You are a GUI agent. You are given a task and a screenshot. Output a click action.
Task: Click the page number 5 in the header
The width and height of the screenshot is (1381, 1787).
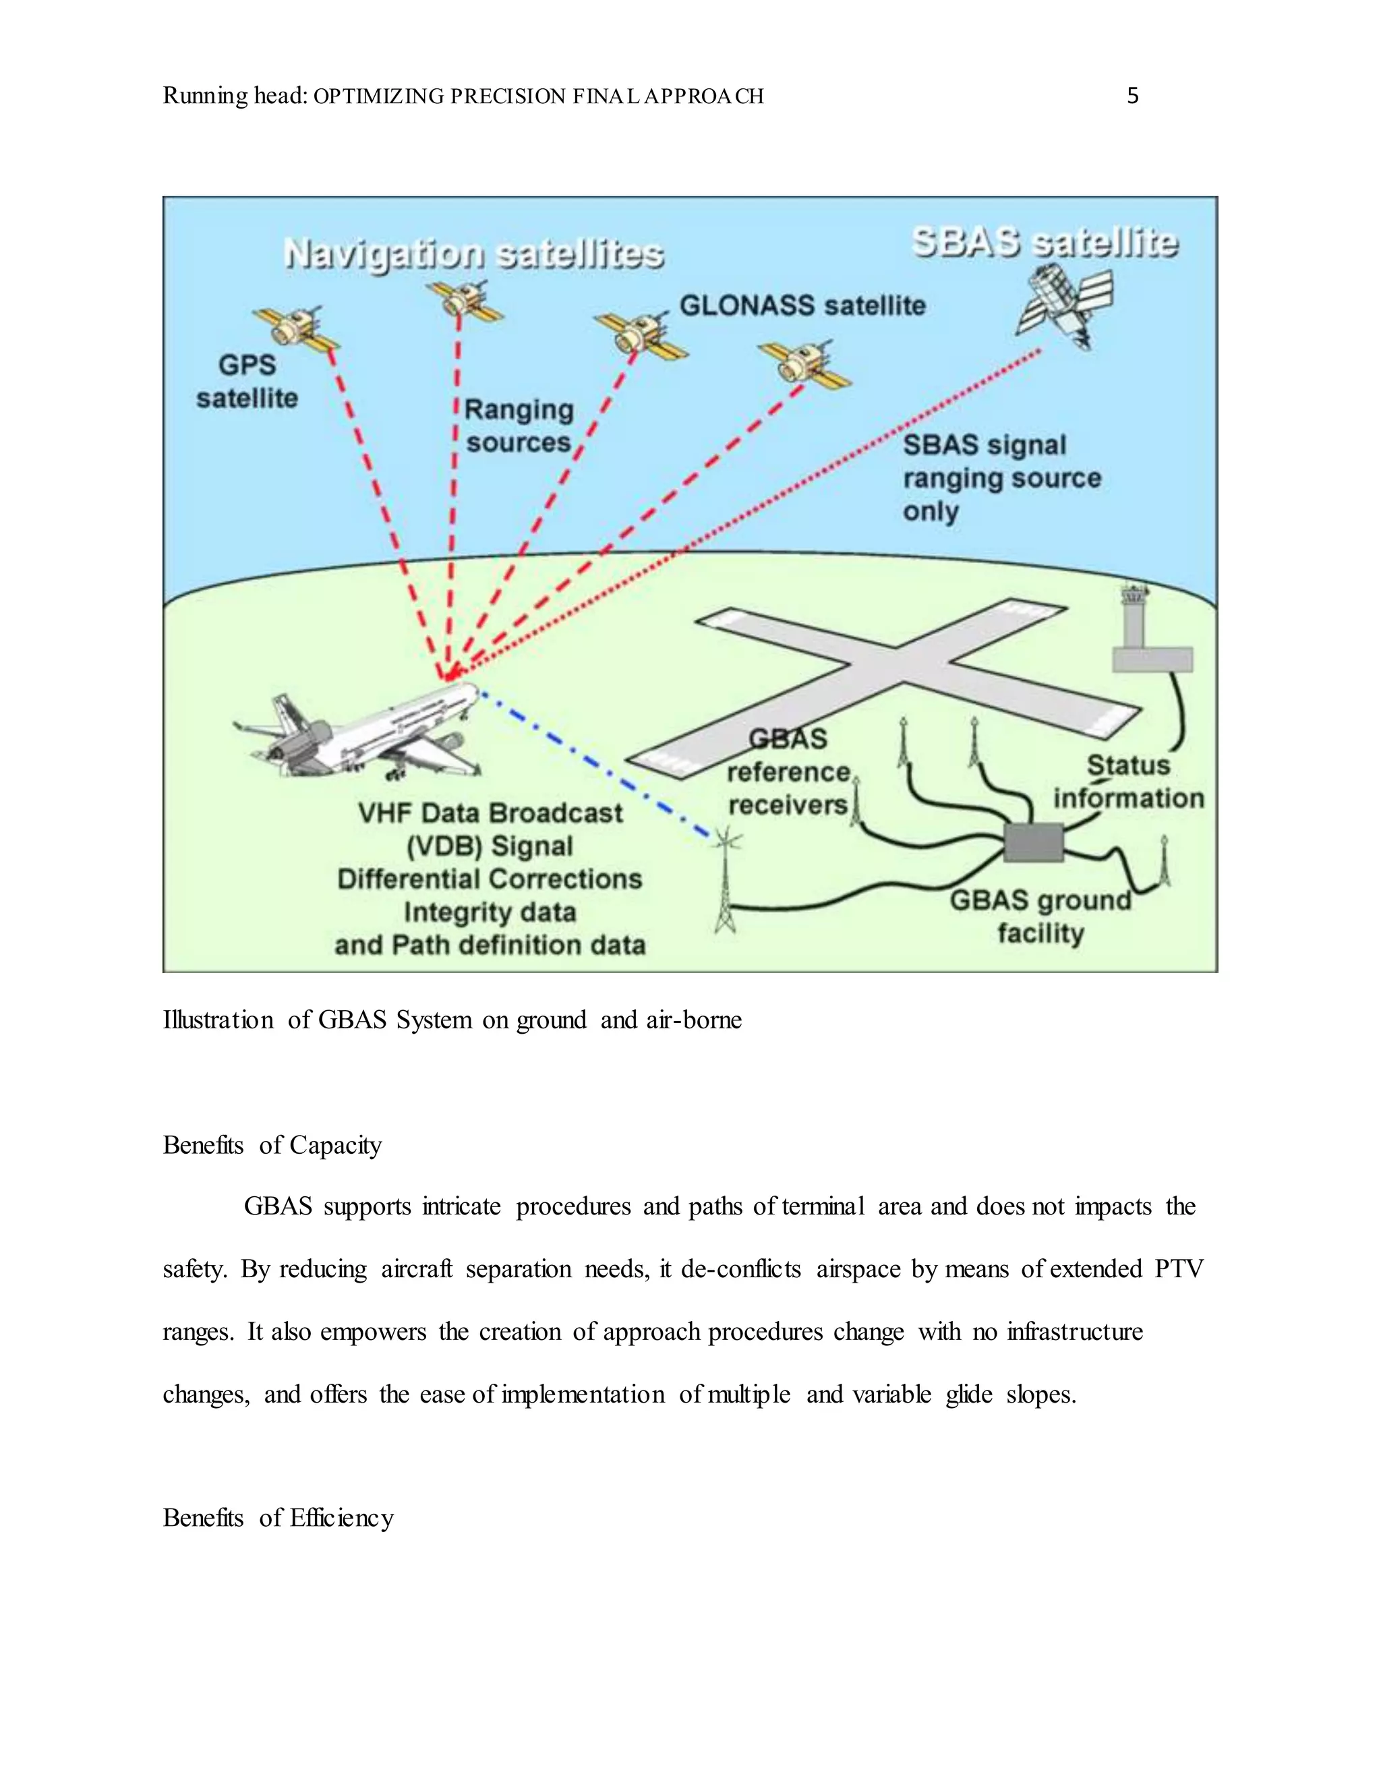pyautogui.click(x=1132, y=96)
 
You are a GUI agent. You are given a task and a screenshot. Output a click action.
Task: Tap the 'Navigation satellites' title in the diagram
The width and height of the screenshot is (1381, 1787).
pyautogui.click(x=473, y=254)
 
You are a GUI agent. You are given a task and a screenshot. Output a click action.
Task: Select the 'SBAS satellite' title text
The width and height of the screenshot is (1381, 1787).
pyautogui.click(x=1045, y=243)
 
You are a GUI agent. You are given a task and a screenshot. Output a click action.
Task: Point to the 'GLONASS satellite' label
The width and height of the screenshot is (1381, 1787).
pyautogui.click(x=802, y=306)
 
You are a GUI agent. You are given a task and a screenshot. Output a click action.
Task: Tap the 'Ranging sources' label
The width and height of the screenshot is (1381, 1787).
pyautogui.click(x=519, y=426)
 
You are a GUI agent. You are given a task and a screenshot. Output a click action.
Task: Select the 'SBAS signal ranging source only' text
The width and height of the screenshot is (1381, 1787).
pyautogui.click(x=1001, y=478)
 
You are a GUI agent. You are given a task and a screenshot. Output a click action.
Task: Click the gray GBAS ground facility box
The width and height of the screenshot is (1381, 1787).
pyautogui.click(x=1033, y=843)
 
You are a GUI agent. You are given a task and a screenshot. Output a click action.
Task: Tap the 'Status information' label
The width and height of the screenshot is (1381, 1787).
pyautogui.click(x=1128, y=782)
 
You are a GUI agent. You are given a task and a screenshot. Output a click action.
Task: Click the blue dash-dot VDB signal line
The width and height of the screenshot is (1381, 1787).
pyautogui.click(x=597, y=765)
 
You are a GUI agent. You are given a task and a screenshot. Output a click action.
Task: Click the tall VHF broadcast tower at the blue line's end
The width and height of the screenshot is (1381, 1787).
pyautogui.click(x=725, y=883)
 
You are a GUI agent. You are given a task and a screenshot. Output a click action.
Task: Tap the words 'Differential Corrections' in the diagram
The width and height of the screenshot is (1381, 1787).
pyautogui.click(x=490, y=879)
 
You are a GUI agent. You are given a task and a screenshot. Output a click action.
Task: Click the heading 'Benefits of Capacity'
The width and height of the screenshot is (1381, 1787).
pyautogui.click(x=272, y=1145)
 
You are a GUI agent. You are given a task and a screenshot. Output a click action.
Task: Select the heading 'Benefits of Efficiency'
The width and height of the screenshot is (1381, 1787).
pyautogui.click(x=278, y=1518)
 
